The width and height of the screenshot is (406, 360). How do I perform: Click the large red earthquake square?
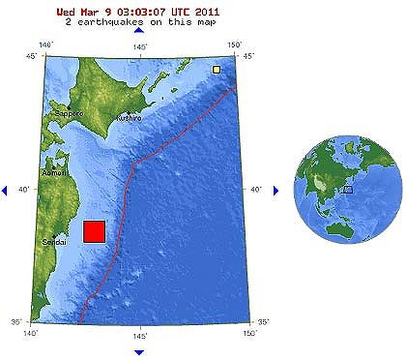94,232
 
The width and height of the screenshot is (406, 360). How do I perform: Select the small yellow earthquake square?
217,69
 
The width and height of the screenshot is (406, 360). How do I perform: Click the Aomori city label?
53,172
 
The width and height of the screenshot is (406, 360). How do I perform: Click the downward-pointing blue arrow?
139,351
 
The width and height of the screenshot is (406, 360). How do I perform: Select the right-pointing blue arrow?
275,190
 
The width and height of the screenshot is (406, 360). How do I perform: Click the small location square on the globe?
348,190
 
